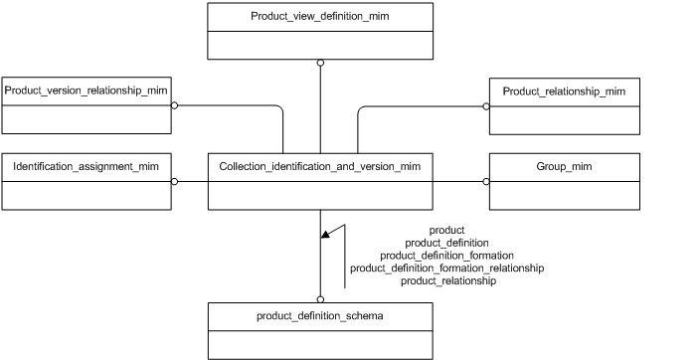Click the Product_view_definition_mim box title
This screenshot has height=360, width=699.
coord(320,17)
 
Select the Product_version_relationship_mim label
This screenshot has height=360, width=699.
coord(86,90)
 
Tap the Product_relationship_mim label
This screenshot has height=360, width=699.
coord(564,91)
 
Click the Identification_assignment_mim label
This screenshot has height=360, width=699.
coord(86,166)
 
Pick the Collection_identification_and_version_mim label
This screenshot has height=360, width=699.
coord(320,166)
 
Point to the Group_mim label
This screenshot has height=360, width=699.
coord(564,166)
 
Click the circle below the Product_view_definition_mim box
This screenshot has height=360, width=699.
coord(320,63)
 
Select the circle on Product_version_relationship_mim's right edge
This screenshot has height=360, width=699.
coord(174,104)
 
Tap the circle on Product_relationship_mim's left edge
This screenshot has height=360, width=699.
coord(486,104)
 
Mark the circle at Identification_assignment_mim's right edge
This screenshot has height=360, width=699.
coord(174,181)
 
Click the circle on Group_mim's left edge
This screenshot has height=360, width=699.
coord(486,181)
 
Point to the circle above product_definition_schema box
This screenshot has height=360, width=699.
coord(320,298)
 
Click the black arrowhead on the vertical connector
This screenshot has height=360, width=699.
coord(325,235)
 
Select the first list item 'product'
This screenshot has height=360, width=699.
coord(446,230)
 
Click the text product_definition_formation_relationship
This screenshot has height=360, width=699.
coord(446,269)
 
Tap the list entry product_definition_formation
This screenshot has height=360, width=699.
coord(446,256)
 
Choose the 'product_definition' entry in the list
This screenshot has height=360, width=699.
coord(446,243)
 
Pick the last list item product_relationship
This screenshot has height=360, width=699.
coord(446,281)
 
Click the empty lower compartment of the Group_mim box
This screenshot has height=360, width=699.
coord(564,195)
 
